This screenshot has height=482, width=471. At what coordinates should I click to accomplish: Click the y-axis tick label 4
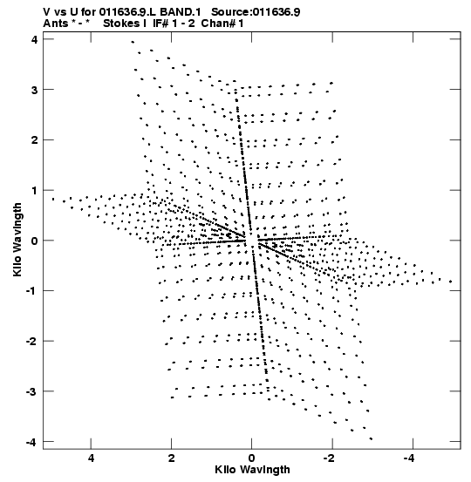(35, 39)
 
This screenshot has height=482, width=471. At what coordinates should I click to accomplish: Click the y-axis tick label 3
(35, 90)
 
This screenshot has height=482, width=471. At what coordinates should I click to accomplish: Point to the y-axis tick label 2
(35, 140)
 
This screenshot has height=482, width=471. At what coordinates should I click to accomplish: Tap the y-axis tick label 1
(35, 191)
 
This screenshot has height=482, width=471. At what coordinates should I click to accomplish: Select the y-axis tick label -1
(32, 291)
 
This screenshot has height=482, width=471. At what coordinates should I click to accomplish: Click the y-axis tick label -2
(32, 341)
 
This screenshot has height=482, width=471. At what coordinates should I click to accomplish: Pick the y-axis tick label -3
(32, 391)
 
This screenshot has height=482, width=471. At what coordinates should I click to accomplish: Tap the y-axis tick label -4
(32, 443)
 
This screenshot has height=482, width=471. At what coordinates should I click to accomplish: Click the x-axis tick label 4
(91, 458)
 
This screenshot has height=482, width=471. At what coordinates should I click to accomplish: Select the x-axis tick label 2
(171, 458)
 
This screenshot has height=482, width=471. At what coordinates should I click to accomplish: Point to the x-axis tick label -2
(329, 458)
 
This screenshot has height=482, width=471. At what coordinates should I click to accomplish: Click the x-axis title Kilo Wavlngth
(252, 470)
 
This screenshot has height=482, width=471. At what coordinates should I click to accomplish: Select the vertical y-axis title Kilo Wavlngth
(17, 240)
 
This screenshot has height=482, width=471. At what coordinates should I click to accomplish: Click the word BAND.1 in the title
(181, 12)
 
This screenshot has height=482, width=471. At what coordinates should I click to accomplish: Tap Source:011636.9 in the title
(256, 12)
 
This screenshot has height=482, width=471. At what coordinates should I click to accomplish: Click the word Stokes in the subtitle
(121, 24)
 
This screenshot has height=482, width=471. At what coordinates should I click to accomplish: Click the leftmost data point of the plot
(53, 200)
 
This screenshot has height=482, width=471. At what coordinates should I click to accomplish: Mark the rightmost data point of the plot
(450, 282)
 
